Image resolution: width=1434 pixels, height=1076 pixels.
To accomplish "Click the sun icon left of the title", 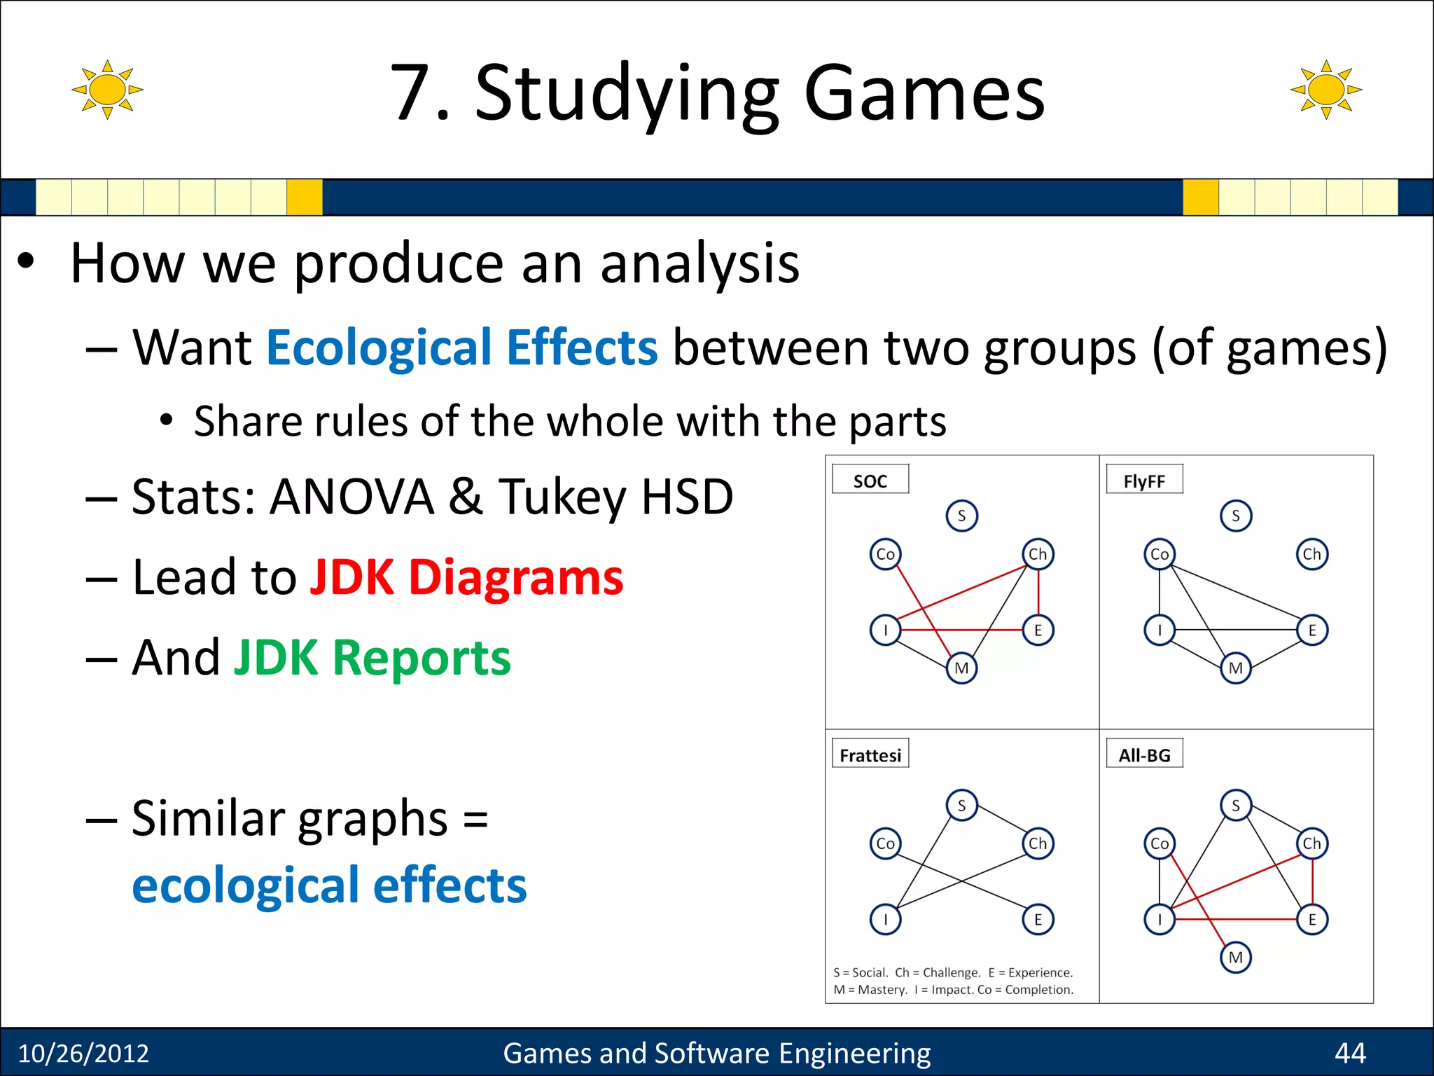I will tap(107, 90).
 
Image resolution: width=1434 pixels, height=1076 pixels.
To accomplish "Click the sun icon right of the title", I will tap(1325, 90).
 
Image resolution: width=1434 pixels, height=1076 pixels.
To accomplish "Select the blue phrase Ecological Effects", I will tap(462, 347).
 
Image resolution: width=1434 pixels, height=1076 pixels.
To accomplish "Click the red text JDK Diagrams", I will tap(466, 578).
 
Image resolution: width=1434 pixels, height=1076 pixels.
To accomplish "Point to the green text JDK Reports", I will tap(372, 658).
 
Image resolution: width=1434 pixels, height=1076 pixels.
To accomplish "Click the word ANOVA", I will tap(352, 497).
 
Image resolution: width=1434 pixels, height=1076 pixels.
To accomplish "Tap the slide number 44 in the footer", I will tap(1349, 1053).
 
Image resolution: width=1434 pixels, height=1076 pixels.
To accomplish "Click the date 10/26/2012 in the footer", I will tap(83, 1053).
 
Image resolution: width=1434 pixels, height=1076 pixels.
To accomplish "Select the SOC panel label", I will tap(870, 481).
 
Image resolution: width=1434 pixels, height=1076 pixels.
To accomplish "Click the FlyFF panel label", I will tap(1144, 481).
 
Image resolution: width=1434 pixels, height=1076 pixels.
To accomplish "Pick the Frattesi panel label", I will tap(870, 754).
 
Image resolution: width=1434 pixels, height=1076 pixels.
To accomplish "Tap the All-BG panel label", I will tap(1144, 754).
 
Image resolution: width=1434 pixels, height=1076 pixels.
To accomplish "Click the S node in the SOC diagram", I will tap(961, 516).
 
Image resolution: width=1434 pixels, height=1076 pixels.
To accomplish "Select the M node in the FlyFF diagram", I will tap(1236, 668).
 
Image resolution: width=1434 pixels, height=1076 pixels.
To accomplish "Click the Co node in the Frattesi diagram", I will tap(885, 843).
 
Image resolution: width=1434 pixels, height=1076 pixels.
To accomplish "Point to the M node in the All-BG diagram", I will tap(1236, 957).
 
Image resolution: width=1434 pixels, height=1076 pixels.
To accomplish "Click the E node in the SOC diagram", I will tap(1038, 630).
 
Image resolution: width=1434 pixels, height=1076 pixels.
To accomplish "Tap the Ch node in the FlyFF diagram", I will tap(1311, 554).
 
